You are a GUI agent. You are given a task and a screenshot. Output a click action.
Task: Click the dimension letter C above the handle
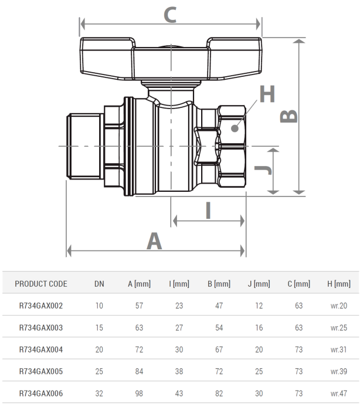169,14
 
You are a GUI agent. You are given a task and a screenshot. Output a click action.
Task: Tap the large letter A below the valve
154,240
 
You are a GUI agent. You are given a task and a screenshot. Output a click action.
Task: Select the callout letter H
267,93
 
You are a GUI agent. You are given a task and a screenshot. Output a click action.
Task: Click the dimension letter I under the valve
208,210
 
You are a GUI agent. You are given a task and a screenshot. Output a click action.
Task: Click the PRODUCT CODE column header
41,284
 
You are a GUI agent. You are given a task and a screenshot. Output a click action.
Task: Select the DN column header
99,284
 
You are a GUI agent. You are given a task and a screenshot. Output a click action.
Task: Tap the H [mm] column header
338,284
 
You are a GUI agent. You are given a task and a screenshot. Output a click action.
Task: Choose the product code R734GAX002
41,306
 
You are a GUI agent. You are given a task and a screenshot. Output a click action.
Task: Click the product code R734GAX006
41,393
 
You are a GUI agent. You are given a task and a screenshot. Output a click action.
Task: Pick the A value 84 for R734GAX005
139,371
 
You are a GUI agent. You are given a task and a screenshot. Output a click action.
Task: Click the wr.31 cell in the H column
338,350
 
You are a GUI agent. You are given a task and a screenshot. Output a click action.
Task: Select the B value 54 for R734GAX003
219,328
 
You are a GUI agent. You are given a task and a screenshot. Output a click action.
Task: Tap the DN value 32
99,393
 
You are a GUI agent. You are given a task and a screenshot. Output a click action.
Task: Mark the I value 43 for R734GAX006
179,393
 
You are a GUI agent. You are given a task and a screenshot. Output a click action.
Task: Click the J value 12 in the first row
259,306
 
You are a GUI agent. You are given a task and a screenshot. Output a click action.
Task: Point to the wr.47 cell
338,393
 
